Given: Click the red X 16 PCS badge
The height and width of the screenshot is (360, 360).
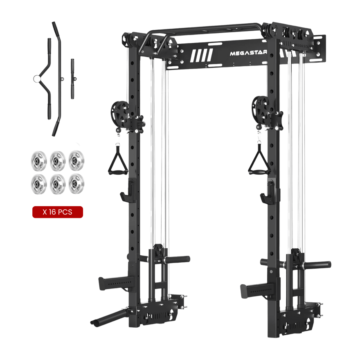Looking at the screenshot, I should (58, 212).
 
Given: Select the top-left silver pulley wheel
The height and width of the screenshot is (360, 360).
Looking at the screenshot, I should (38, 157).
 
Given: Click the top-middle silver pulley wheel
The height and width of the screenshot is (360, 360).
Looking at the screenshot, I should (57, 157).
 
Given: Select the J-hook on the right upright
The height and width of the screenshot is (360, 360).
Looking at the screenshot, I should (268, 191).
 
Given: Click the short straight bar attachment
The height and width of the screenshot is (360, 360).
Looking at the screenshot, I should (72, 79).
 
